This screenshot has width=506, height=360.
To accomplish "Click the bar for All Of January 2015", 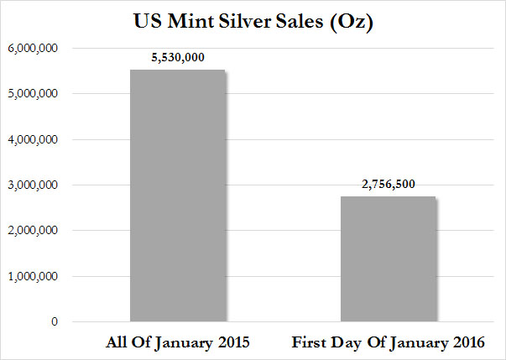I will [x=178, y=196].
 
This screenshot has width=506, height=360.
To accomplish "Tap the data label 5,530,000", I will [x=178, y=58].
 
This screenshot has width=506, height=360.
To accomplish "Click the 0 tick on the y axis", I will [x=54, y=322].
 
